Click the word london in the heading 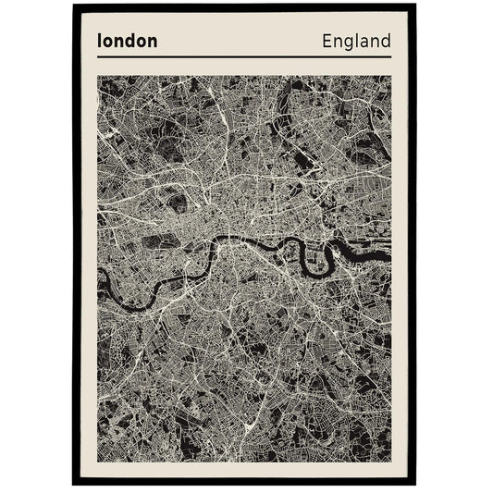[127, 42]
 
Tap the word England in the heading [356, 42]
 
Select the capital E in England [327, 42]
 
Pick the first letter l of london [99, 42]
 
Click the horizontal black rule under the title [244, 57]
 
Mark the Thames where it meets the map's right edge [388, 248]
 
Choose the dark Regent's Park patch [176, 198]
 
